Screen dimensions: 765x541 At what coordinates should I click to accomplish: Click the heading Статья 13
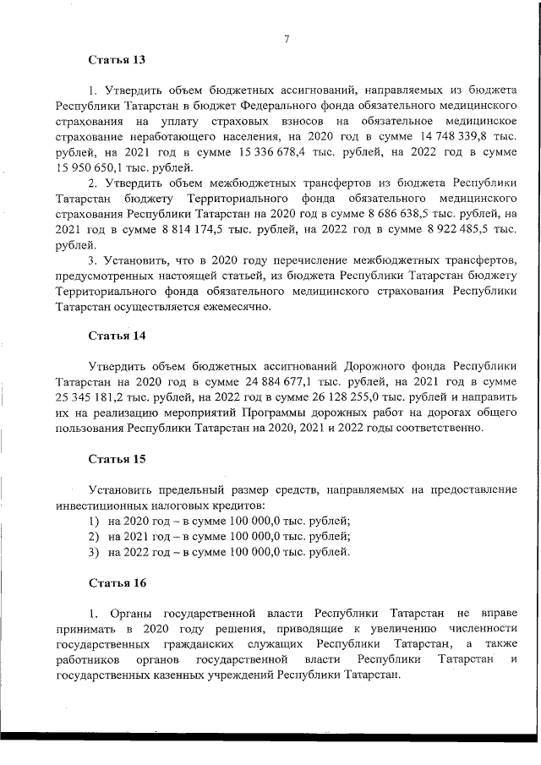117,60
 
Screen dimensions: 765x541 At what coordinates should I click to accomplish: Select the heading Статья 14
117,336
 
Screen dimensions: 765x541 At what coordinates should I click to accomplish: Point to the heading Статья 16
117,583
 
